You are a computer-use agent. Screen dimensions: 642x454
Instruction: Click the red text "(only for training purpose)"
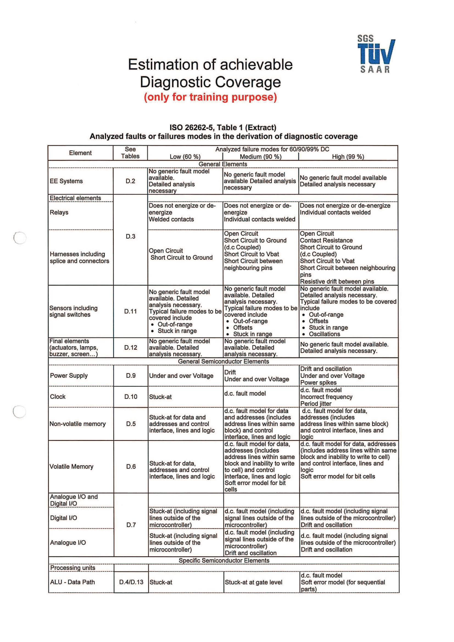point(210,97)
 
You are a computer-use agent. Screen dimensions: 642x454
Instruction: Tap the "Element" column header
point(80,153)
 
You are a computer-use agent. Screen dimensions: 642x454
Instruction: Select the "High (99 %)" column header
point(348,156)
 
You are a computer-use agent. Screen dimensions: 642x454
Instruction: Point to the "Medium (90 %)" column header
point(260,156)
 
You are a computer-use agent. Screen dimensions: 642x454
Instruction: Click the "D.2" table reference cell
point(130,181)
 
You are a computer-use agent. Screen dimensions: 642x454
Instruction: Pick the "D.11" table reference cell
point(130,311)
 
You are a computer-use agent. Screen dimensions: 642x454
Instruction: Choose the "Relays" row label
point(59,212)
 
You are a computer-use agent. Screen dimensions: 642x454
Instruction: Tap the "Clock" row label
point(58,397)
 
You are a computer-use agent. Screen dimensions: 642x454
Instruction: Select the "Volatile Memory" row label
point(71,466)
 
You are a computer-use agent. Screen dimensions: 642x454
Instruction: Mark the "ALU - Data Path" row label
point(73,582)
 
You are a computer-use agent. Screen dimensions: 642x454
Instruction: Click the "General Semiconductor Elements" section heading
point(223,361)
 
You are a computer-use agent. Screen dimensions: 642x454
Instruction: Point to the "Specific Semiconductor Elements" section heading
point(224,561)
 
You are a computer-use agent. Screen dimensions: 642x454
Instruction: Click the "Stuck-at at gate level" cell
point(254,582)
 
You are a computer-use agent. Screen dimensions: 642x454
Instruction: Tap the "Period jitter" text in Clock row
point(316,403)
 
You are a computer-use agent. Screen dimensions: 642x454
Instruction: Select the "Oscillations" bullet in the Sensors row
point(324,334)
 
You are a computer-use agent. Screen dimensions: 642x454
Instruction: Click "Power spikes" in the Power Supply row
point(318,383)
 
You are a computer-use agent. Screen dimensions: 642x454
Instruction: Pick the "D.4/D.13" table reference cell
point(131,582)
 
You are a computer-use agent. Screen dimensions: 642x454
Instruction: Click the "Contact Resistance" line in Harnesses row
point(326,240)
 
